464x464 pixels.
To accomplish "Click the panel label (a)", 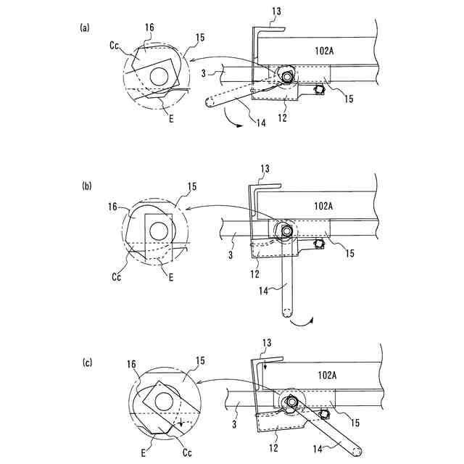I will pyautogui.click(x=85, y=28).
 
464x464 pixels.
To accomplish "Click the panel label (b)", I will pyautogui.click(x=86, y=186).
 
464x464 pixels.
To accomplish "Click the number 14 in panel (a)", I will pyautogui.click(x=261, y=123).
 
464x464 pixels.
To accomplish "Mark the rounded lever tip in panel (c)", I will pyautogui.click(x=358, y=451).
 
